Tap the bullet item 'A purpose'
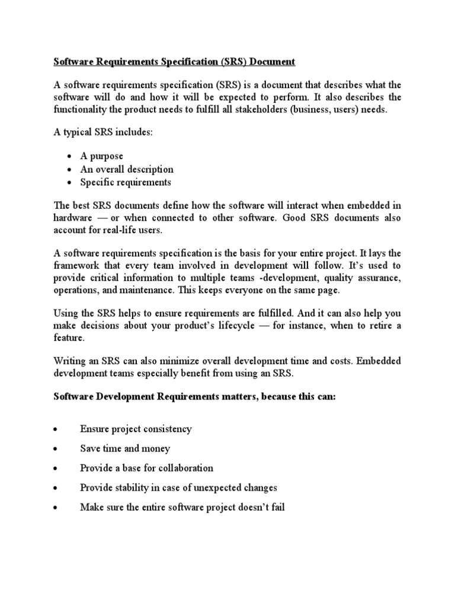tap(102, 156)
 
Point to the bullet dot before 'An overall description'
tap(69, 169)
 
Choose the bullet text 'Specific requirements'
tap(126, 182)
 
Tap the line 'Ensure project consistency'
tap(136, 429)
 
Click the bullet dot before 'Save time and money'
tap(55, 449)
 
